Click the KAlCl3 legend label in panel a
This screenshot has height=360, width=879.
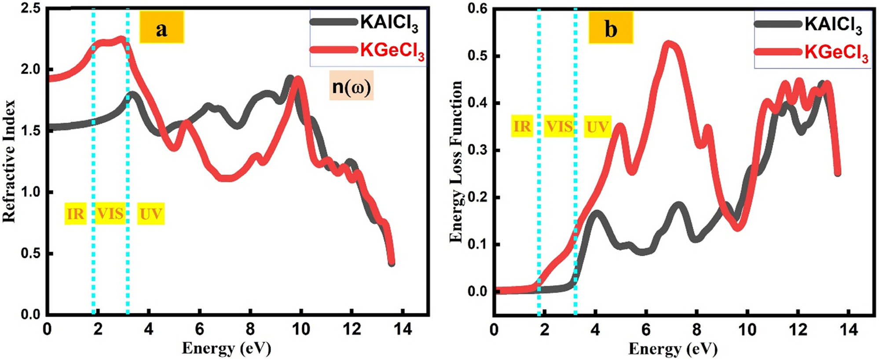[389, 23]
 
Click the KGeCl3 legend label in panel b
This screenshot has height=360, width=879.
[836, 54]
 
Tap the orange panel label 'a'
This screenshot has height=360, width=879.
[161, 28]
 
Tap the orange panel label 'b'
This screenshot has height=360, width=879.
[611, 28]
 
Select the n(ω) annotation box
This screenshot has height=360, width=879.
[351, 86]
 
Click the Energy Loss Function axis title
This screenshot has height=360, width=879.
[456, 161]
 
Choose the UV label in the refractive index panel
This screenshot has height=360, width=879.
[150, 214]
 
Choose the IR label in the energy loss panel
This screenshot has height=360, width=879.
[522, 126]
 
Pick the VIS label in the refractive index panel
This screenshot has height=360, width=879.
[110, 214]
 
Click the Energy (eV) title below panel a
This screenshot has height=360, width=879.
[227, 348]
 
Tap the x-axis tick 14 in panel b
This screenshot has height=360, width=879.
[848, 330]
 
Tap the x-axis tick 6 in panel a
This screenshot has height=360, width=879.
[200, 330]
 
